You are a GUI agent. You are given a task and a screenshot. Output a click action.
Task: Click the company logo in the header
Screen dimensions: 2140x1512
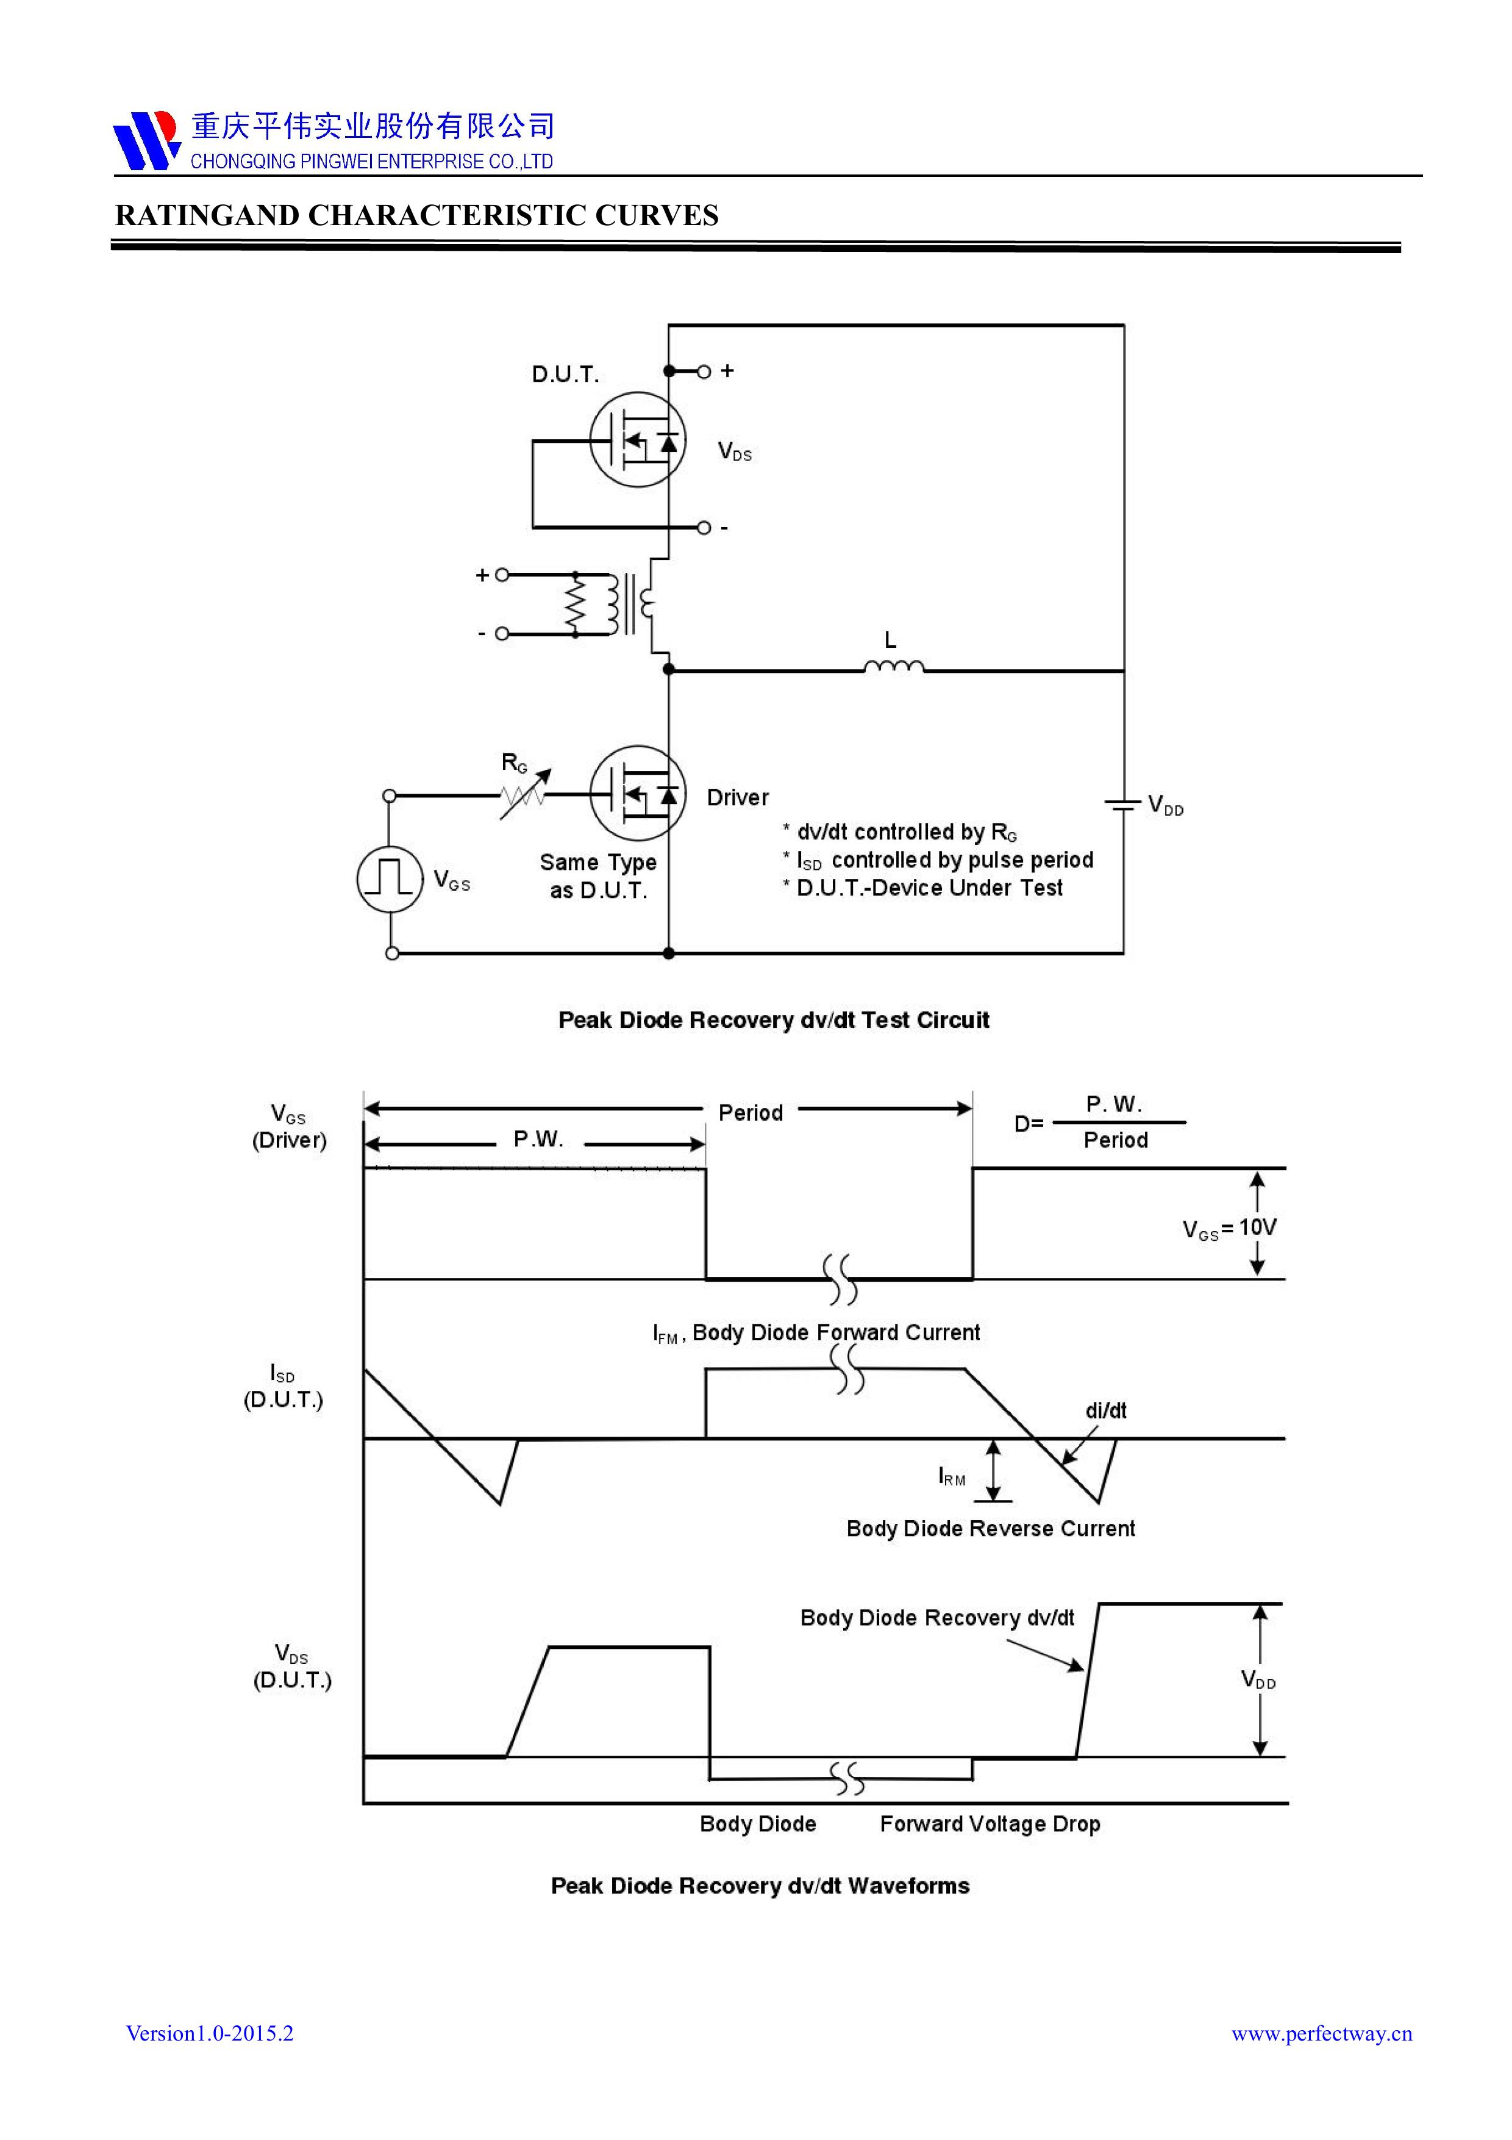tap(145, 140)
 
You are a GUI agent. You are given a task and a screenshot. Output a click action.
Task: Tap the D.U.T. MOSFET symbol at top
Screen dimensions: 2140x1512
tap(638, 440)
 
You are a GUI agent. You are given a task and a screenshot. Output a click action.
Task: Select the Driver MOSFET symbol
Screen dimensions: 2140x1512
tap(638, 794)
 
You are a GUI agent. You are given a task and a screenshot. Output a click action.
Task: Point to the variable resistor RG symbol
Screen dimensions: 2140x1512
tap(524, 795)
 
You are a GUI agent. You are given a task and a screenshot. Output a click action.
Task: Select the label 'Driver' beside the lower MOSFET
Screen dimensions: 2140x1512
tap(737, 798)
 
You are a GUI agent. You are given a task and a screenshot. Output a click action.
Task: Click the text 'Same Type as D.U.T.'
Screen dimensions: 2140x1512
tap(598, 876)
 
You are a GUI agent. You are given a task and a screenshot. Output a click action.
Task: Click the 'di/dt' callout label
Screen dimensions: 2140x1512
tap(1106, 1410)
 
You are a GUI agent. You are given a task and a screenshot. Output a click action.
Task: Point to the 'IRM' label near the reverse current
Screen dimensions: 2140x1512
tap(951, 1476)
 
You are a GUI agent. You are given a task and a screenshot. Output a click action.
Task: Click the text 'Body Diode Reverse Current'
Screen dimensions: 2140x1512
tap(990, 1529)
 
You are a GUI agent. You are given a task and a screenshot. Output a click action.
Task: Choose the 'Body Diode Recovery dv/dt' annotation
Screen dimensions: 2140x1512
tap(936, 1618)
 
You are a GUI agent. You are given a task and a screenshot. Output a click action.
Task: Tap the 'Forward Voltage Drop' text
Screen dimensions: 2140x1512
tap(990, 1824)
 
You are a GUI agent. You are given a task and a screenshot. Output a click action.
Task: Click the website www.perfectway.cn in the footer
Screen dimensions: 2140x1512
tap(1321, 2034)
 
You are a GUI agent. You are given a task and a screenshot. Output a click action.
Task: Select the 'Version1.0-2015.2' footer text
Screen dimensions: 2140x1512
tap(210, 2034)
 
